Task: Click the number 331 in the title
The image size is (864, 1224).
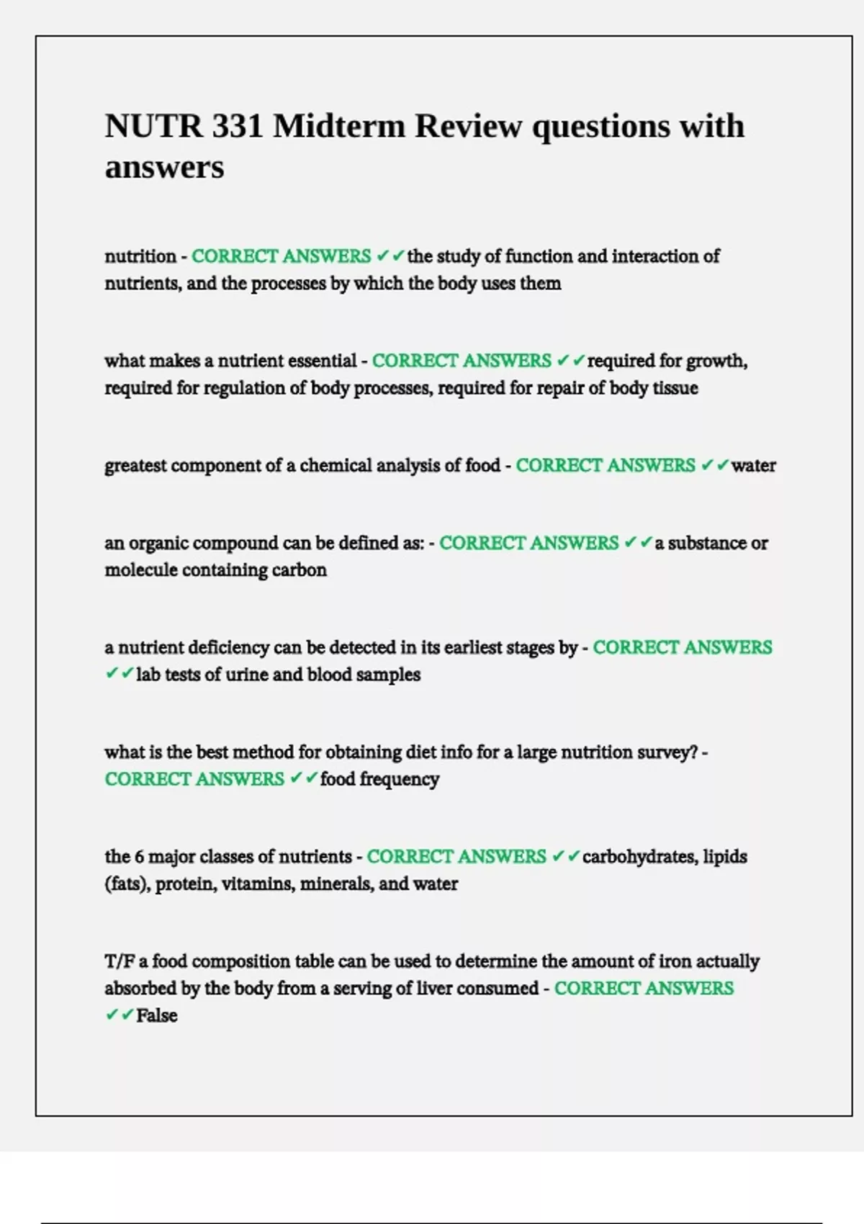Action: (x=237, y=127)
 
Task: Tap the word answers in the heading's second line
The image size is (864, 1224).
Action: (x=164, y=168)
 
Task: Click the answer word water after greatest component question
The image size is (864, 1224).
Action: (x=753, y=466)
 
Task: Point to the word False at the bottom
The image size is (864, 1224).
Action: (x=156, y=1016)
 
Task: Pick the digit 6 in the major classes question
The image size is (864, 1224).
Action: (x=139, y=857)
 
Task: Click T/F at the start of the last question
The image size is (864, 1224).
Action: (x=120, y=962)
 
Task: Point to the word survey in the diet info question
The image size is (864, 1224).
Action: (x=666, y=752)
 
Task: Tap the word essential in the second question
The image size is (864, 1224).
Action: (x=320, y=361)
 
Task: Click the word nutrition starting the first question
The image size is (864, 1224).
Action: (x=140, y=256)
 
